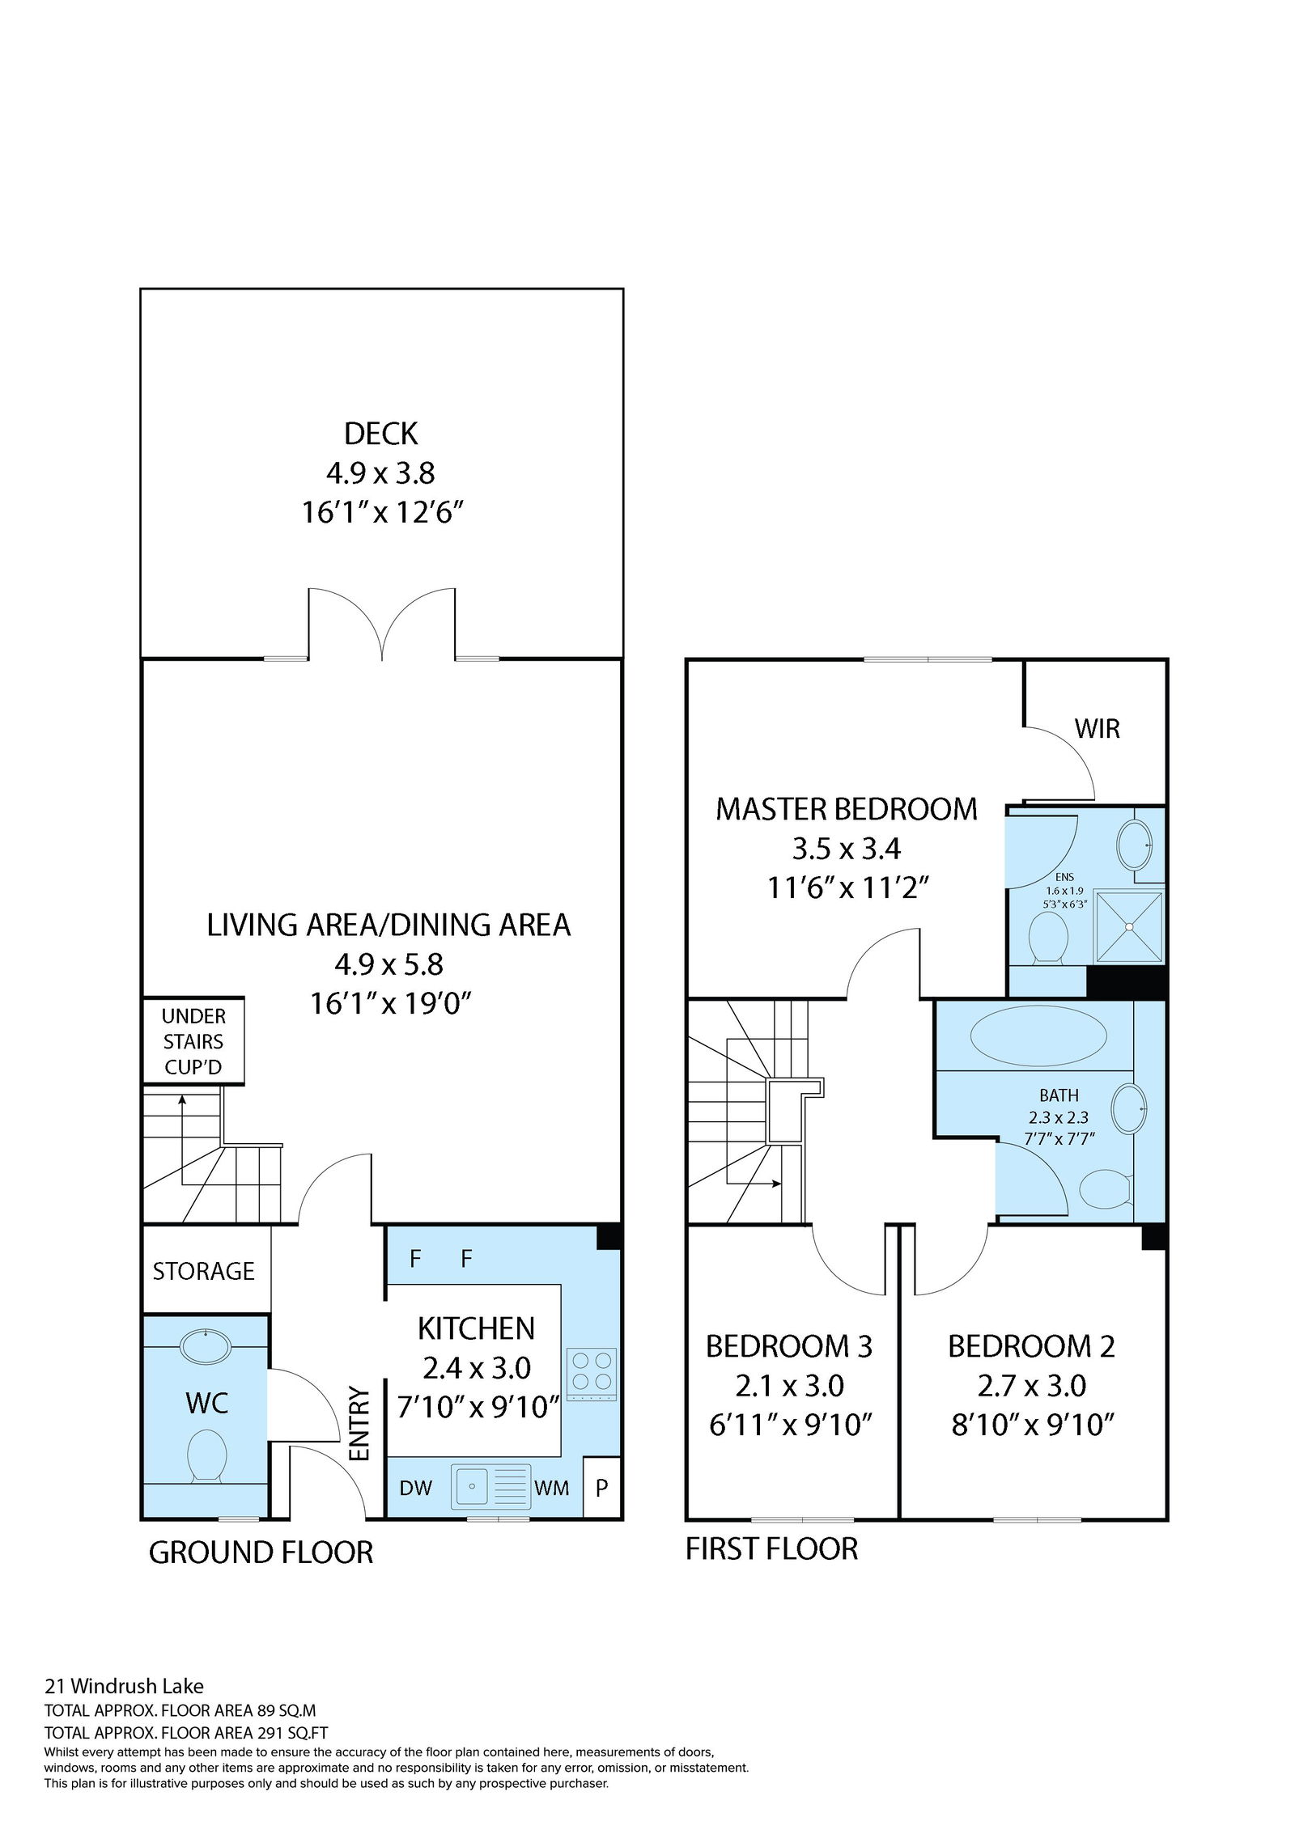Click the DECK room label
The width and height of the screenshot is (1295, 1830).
(380, 434)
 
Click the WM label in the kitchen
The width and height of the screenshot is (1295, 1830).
(551, 1487)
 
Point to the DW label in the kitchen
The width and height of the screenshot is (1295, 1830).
(416, 1487)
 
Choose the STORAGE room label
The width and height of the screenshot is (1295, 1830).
(204, 1271)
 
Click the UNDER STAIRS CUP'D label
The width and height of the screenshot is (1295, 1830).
(193, 1041)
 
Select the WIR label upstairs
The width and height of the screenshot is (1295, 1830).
(1097, 728)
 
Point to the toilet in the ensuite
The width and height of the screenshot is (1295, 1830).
(1047, 938)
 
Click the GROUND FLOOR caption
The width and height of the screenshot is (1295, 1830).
(261, 1553)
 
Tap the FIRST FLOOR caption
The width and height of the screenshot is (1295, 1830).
(771, 1548)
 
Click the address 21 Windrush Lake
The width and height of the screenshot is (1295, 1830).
(124, 1686)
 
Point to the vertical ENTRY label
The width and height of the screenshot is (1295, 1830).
(359, 1424)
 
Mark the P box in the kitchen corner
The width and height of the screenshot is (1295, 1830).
(602, 1487)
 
